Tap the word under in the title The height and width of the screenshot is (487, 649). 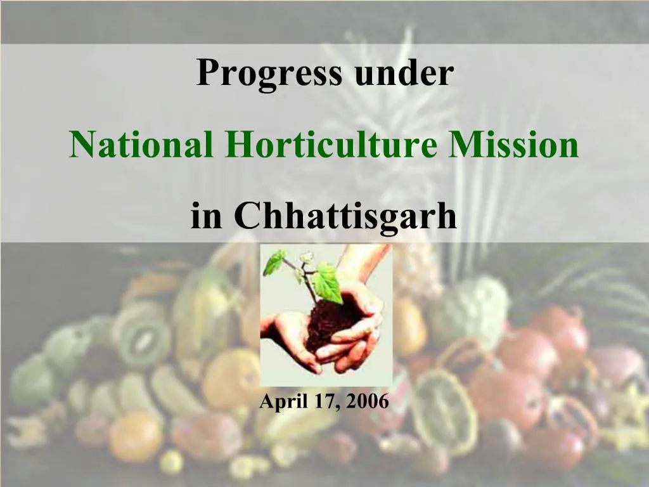point(404,73)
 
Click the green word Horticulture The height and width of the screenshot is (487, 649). point(330,145)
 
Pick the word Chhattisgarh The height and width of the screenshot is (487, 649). point(345,216)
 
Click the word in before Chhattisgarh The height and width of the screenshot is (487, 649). point(205,216)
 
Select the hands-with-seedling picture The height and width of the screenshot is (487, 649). point(326,311)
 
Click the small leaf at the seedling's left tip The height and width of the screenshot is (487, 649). point(274,261)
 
